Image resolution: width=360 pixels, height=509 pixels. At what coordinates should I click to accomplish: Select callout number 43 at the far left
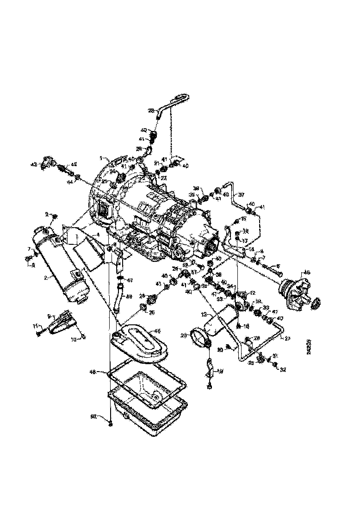(33, 164)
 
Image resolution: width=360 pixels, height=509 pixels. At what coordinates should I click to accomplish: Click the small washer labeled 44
(78, 177)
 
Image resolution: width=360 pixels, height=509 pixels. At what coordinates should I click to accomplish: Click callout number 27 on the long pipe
(287, 339)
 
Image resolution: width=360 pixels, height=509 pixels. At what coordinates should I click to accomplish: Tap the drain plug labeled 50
(111, 423)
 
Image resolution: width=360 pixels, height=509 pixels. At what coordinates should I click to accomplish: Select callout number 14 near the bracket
(251, 248)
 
